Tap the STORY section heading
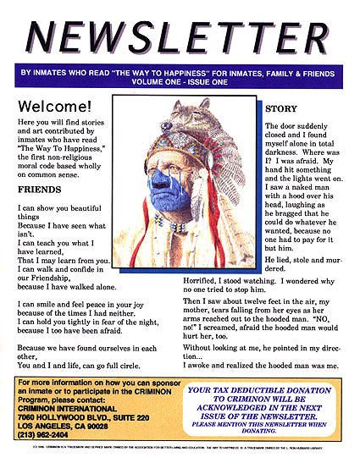click(281, 110)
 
